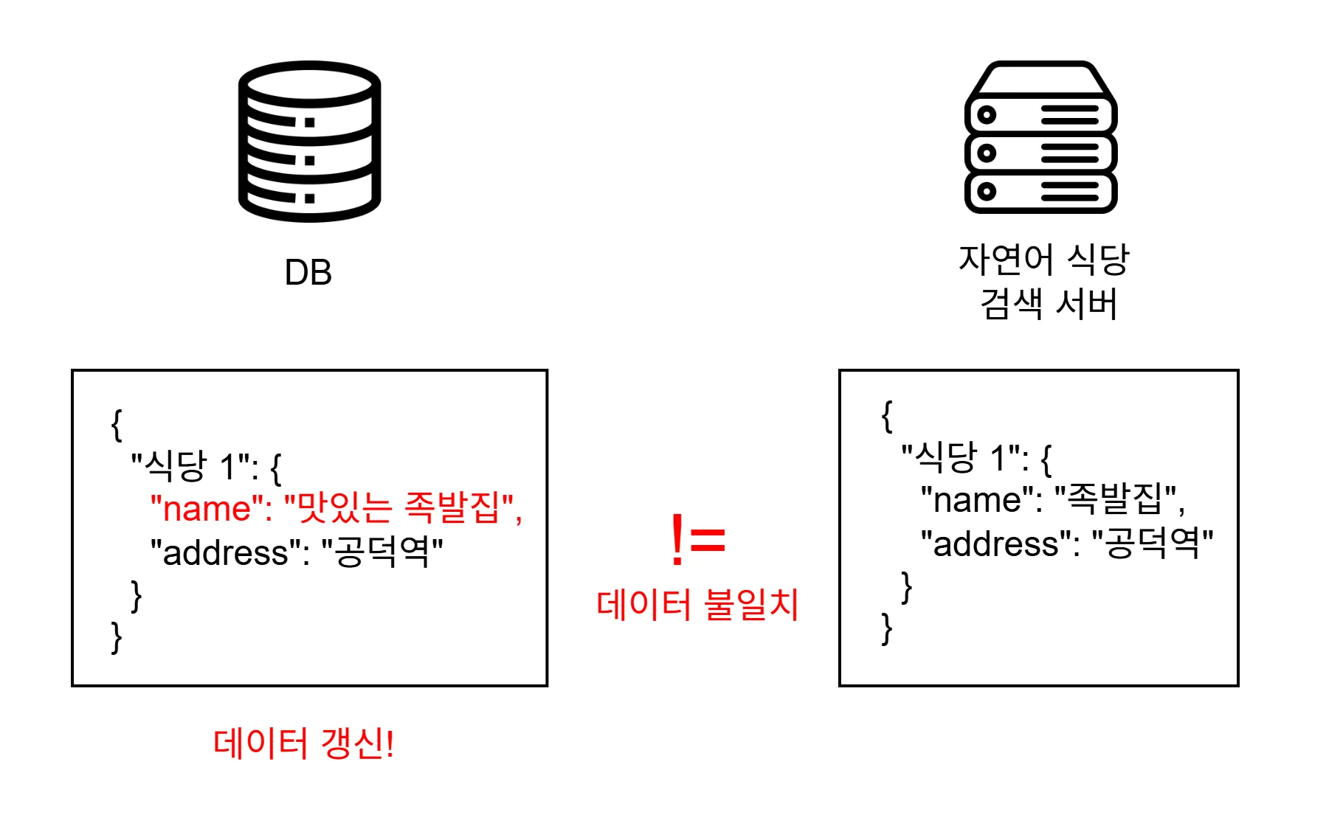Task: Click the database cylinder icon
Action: [x=309, y=141]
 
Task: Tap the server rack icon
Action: [x=1040, y=138]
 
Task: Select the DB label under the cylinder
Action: [x=308, y=273]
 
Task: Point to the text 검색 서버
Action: [x=1048, y=304]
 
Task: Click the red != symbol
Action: [x=697, y=541]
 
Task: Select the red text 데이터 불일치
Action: [x=697, y=605]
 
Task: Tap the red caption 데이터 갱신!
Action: [x=303, y=743]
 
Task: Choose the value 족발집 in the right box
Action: [x=1115, y=499]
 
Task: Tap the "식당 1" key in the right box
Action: [x=963, y=458]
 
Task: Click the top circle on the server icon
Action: [x=987, y=115]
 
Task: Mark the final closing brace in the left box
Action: [x=116, y=637]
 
